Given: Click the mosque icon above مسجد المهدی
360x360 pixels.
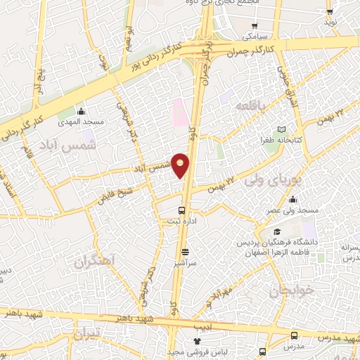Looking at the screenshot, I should tap(82, 111).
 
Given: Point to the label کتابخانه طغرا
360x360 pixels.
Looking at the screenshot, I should tap(281, 140).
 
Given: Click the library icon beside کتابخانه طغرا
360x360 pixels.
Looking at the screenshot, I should tap(281, 130).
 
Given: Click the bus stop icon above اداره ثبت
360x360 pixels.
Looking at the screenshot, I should tap(183, 210).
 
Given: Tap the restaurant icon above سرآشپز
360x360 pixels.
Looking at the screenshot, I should tap(185, 252).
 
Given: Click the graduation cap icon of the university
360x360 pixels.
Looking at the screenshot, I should tap(277, 232).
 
